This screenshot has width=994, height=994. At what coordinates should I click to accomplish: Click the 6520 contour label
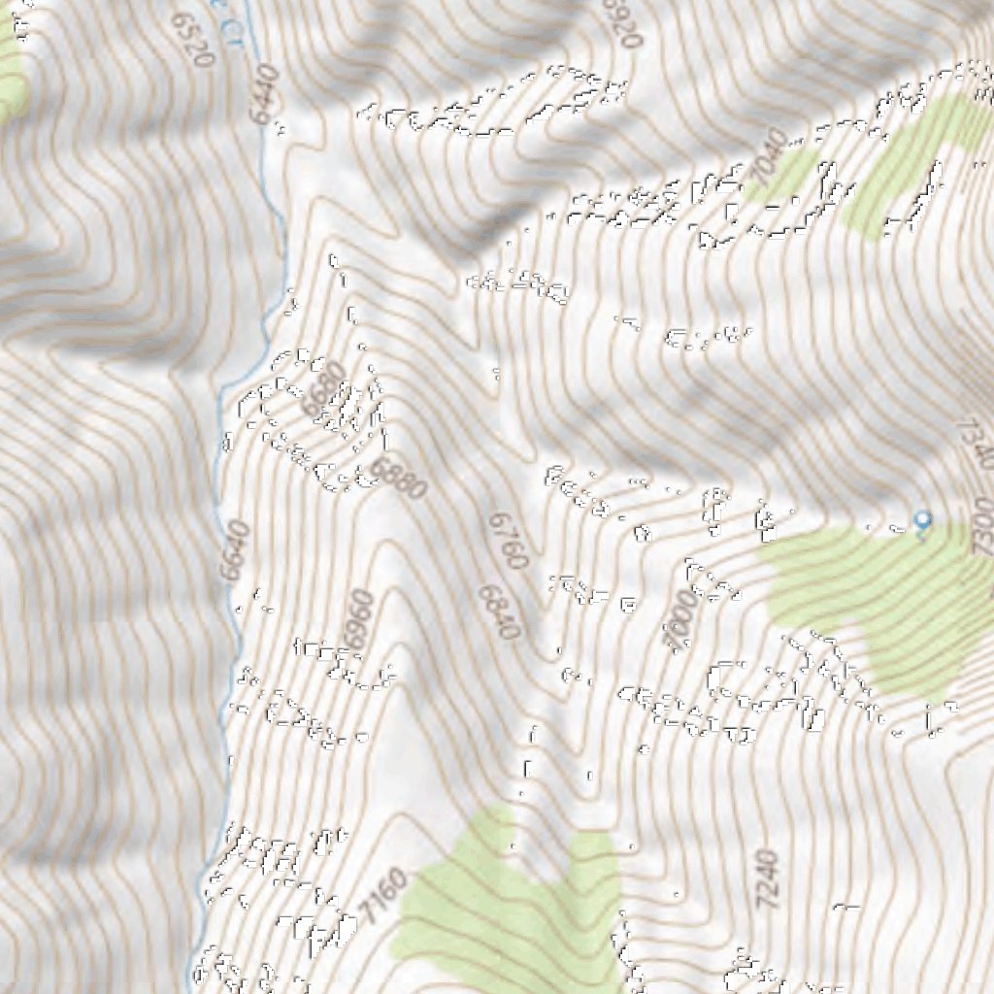coord(190,40)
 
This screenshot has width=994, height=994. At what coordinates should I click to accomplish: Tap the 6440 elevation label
coord(263,94)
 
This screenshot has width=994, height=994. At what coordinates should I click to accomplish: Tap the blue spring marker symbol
coord(922,522)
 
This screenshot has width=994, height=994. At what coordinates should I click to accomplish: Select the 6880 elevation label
coord(399,479)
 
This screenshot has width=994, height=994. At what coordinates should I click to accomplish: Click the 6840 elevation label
coord(499,612)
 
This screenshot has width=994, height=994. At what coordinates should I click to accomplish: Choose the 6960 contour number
coord(356,619)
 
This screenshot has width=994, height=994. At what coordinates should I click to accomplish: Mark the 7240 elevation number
coord(767,878)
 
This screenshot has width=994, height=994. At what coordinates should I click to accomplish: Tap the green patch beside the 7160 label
coord(505,903)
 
